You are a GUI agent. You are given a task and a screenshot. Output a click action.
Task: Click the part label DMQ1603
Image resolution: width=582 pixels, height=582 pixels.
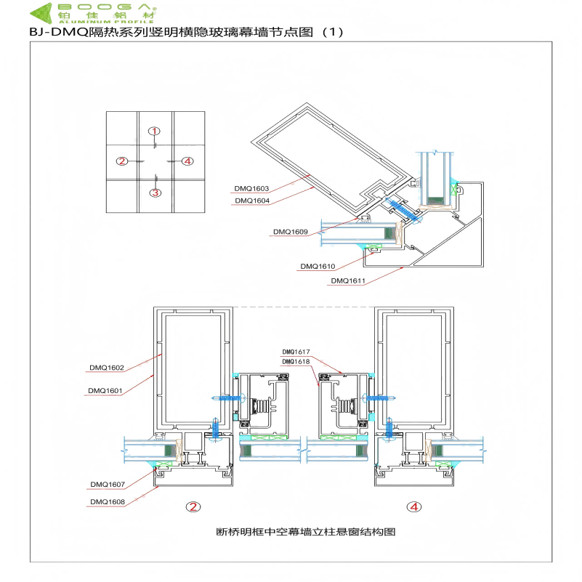click(x=251, y=189)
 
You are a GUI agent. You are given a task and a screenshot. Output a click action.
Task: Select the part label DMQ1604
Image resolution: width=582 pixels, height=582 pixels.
click(x=251, y=201)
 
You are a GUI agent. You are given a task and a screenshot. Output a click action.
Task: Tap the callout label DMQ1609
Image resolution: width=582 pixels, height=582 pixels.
click(x=291, y=232)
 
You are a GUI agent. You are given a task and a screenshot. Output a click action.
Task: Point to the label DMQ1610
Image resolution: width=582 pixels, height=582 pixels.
click(x=318, y=267)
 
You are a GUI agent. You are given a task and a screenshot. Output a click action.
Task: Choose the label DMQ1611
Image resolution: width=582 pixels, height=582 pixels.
click(x=348, y=280)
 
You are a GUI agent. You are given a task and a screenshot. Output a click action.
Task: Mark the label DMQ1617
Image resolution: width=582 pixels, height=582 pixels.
click(x=296, y=352)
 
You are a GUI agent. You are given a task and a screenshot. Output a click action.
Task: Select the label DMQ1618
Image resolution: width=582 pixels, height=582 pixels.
click(x=296, y=361)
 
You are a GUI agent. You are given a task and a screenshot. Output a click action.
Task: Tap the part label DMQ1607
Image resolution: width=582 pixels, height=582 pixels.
click(x=108, y=484)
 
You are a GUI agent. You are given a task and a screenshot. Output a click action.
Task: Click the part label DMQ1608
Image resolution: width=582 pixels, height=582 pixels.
click(x=108, y=501)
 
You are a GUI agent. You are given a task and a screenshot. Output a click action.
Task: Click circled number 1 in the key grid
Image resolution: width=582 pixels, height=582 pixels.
click(x=154, y=131)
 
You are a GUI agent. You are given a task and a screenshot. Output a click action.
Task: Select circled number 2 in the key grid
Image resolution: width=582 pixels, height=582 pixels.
click(x=122, y=161)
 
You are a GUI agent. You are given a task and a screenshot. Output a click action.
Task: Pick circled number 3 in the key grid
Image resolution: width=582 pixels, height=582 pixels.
click(x=155, y=193)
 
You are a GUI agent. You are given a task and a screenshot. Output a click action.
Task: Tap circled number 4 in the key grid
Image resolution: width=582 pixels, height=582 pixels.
click(x=187, y=161)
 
